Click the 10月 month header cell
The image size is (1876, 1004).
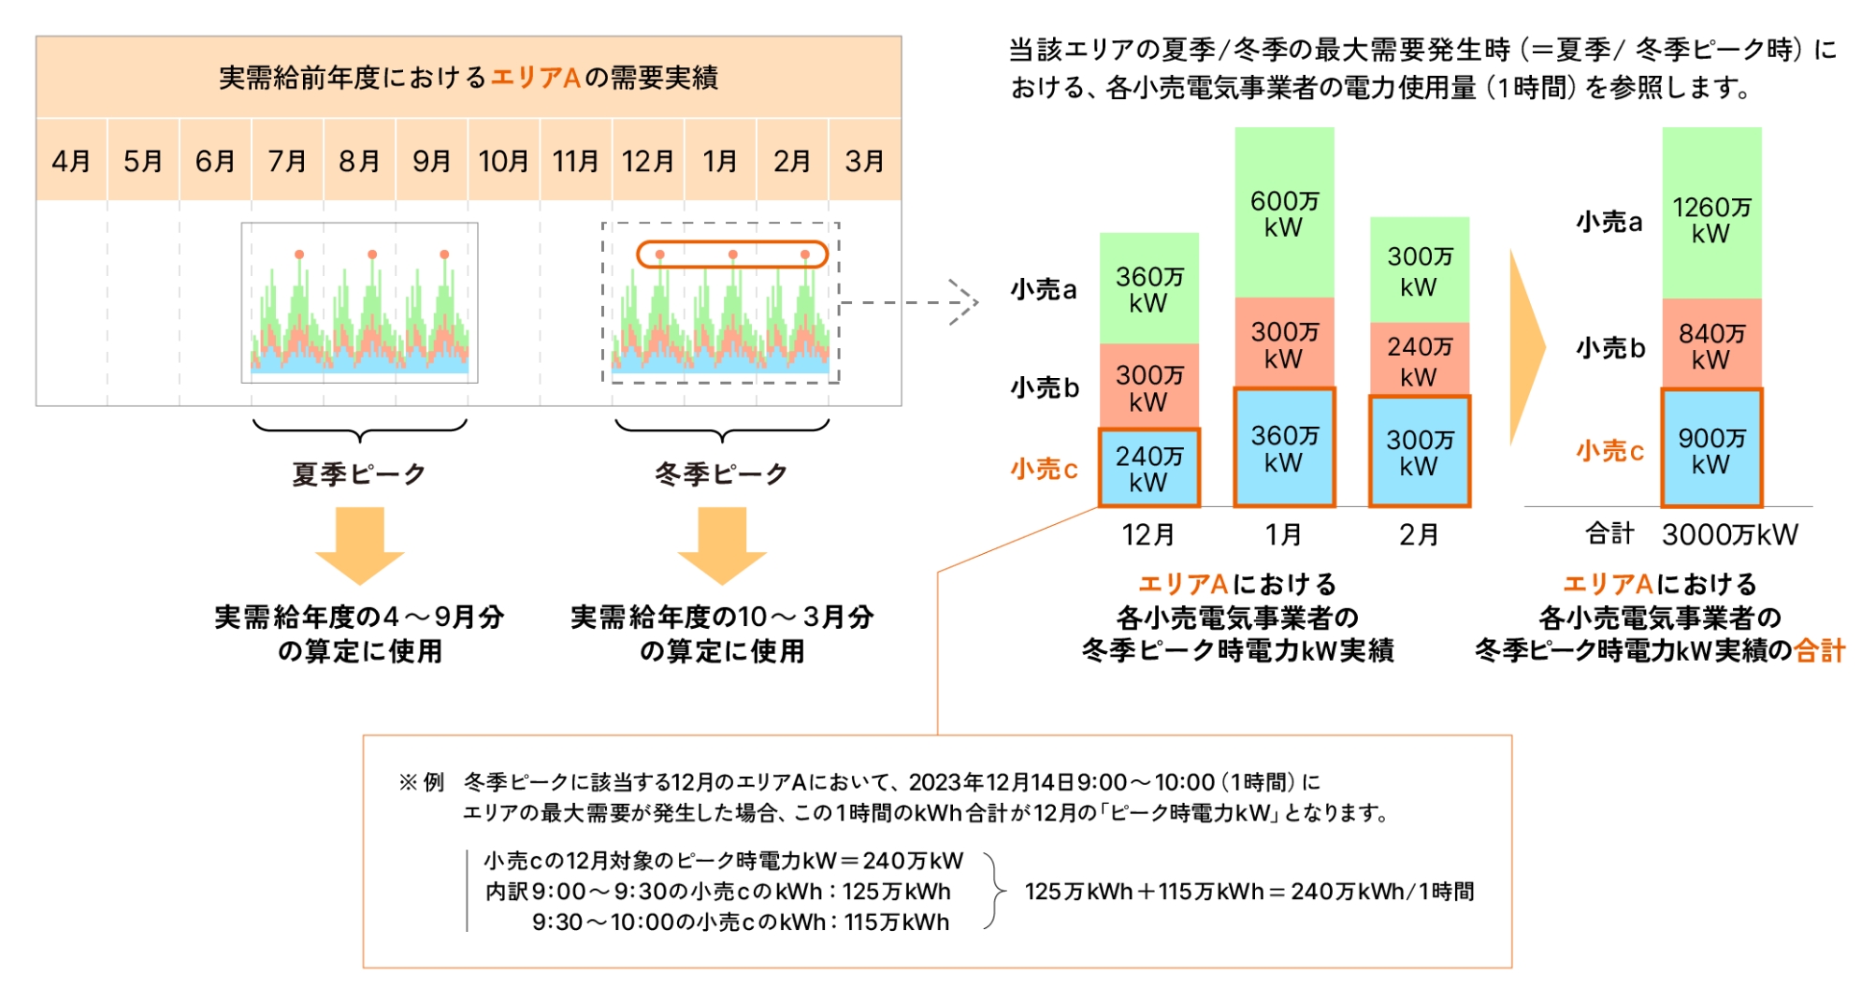503,161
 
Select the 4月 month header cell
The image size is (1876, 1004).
71,161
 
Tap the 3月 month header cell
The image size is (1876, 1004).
864,161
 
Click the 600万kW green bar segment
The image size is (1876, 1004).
1284,213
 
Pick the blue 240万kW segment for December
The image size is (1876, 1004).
1148,468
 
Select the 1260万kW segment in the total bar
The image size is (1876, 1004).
1711,219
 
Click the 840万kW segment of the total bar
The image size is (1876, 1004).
1711,345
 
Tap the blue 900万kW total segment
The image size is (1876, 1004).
1711,449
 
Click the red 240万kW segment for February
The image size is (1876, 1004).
1419,360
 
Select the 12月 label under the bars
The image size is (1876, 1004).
1147,534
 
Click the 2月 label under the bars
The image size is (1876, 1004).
1419,534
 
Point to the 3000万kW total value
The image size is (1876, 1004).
1729,534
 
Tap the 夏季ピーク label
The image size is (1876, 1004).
359,473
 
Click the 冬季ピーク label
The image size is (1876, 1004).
721,473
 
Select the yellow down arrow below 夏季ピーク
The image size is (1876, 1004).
359,544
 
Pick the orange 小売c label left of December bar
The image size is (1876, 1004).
1044,468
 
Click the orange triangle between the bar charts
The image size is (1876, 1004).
1526,346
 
